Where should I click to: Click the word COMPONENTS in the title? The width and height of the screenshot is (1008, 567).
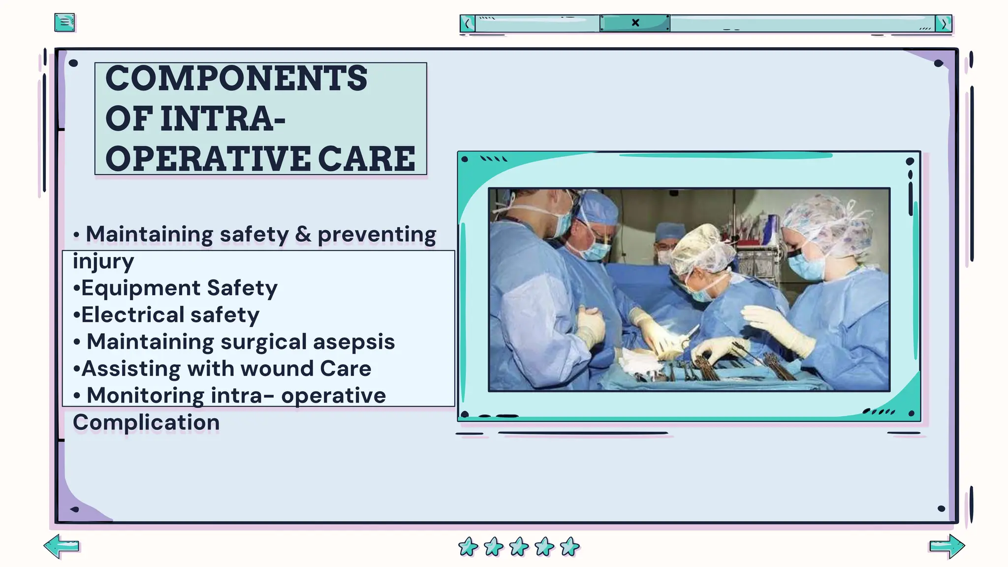236,79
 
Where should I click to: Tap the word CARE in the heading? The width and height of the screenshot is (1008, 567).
367,159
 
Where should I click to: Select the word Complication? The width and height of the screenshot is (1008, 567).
146,422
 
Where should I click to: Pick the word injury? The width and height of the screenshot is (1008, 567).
103,261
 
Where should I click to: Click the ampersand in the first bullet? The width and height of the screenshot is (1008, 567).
303,234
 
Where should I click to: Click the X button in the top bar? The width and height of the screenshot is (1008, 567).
635,23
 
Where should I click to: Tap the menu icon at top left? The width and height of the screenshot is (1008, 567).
64,22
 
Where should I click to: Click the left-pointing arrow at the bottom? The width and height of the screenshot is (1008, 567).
62,546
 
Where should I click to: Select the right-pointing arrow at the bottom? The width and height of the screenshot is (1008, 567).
947,546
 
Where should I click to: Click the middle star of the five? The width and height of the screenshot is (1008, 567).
519,546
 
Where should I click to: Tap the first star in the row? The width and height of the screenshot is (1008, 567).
468,546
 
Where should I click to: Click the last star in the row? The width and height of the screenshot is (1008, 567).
570,546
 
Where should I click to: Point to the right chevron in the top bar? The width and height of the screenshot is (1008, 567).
944,24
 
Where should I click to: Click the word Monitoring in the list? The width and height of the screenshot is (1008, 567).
145,396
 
